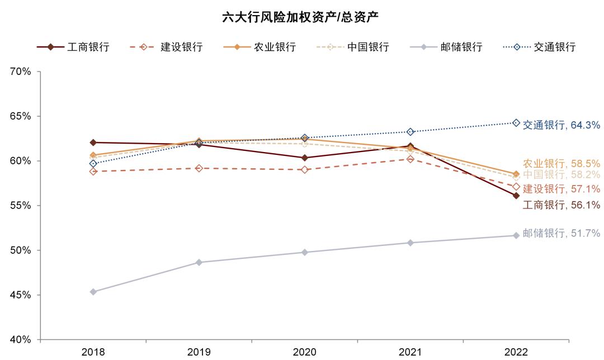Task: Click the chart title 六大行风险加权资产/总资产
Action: click(x=301, y=17)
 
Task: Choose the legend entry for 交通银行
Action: click(x=539, y=47)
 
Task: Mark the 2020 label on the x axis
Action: click(x=305, y=352)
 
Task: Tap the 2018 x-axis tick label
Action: click(x=93, y=352)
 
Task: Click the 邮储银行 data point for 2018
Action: click(x=93, y=292)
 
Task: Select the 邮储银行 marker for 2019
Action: click(x=199, y=262)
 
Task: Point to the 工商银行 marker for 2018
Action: click(x=93, y=143)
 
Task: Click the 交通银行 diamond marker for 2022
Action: click(x=516, y=123)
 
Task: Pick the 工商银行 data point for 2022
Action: click(x=516, y=196)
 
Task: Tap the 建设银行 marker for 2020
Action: click(x=305, y=169)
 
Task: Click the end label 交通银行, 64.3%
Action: click(x=561, y=126)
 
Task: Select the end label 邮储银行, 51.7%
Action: click(x=561, y=234)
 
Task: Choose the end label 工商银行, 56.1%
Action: click(x=561, y=205)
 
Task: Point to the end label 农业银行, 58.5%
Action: click(x=561, y=164)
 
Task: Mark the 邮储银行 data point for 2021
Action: click(x=410, y=243)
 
